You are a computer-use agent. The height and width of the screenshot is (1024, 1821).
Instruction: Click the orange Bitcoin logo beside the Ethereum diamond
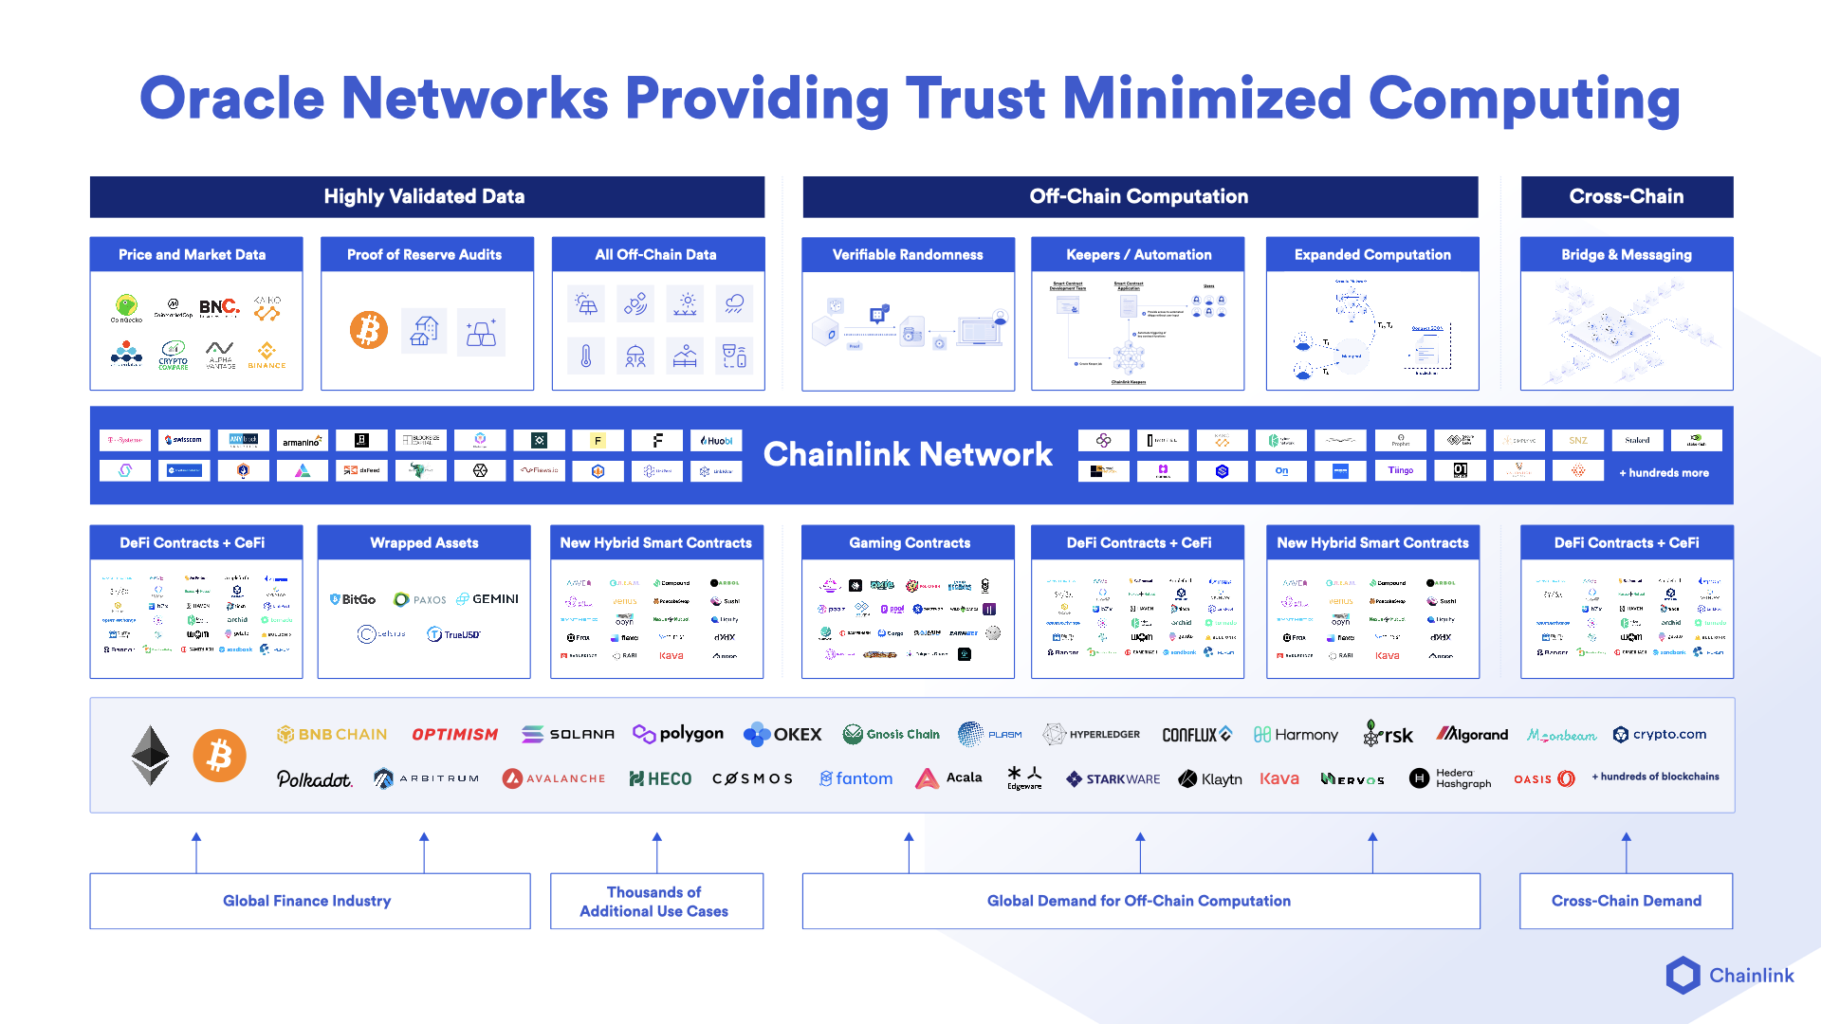coord(219,756)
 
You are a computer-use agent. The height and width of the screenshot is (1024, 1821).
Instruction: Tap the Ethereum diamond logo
coord(150,756)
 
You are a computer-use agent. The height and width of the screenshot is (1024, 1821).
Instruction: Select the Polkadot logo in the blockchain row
coord(314,778)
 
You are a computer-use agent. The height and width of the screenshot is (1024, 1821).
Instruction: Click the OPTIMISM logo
coord(454,734)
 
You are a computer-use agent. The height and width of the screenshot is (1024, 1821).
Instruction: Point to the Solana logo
coord(568,734)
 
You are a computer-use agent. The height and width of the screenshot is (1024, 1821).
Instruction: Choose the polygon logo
coord(678,734)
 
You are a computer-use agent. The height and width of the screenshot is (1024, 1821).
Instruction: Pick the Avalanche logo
coord(554,778)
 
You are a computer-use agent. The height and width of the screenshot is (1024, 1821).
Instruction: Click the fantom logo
coord(856,778)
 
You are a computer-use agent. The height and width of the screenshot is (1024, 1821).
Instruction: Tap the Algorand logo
coord(1472,734)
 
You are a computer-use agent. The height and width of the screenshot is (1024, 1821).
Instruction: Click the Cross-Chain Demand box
coord(1626,901)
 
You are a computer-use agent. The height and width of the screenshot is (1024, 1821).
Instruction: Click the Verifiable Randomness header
coord(908,254)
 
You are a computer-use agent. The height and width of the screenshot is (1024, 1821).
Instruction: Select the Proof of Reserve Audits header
coord(424,254)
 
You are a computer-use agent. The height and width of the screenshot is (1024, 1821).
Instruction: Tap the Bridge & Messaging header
coord(1626,254)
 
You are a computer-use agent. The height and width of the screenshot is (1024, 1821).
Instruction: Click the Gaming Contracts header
coord(909,542)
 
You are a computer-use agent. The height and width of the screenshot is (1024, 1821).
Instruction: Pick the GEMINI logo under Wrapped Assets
coord(487,599)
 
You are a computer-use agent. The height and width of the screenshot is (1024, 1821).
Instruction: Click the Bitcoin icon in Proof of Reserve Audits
coord(369,330)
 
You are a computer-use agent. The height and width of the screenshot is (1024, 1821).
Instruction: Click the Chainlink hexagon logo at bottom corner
coord(1683,975)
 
